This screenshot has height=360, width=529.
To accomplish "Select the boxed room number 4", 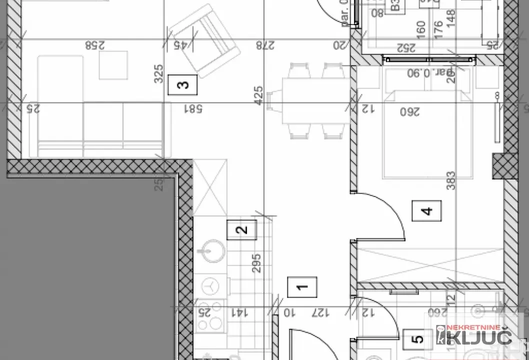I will (427, 210).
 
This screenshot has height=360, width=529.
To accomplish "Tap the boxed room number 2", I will (241, 230).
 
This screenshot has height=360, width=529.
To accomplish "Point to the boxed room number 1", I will (302, 287).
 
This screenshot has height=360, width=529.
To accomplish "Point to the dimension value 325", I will (158, 73).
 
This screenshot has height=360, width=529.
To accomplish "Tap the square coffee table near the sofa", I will (113, 65).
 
